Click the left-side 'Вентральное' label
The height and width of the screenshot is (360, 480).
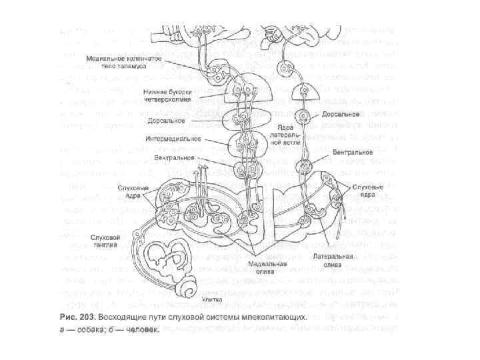click(174, 158)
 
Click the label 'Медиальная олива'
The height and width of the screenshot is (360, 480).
click(263, 267)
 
